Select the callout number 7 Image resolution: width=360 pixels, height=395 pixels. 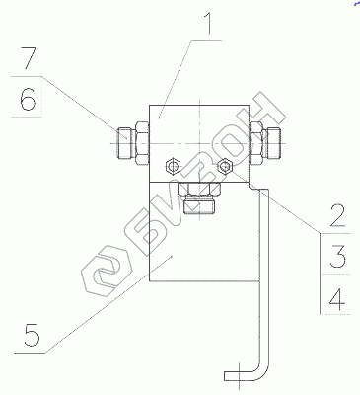point(29,58)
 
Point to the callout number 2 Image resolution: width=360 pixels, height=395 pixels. point(337,216)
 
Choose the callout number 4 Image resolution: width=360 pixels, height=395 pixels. point(337,299)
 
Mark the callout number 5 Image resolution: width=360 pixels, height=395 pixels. point(32,335)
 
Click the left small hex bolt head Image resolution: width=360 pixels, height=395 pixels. point(173,166)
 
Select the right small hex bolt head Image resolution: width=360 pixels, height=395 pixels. point(225,166)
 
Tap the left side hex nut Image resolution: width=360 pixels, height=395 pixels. point(142,143)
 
